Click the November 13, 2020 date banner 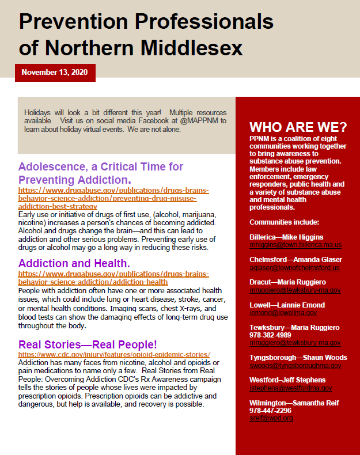(55, 73)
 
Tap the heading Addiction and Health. (74, 264)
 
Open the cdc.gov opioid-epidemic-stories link (114, 354)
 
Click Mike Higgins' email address (295, 245)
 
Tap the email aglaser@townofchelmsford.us (294, 268)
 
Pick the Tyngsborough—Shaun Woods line (298, 358)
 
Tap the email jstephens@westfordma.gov (291, 388)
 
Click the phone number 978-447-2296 (271, 411)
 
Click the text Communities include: (285, 222)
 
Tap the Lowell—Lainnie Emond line (287, 305)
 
